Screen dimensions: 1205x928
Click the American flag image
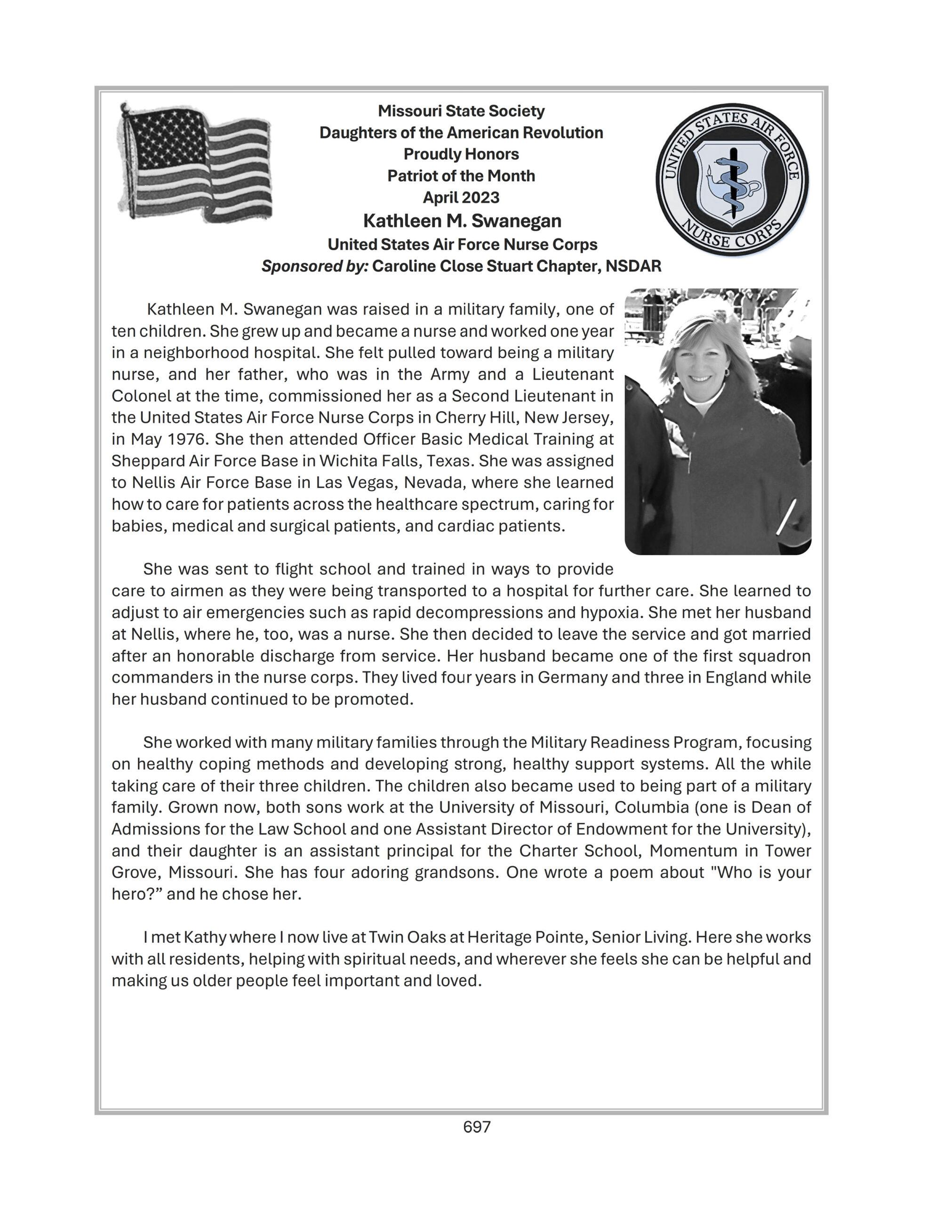195,163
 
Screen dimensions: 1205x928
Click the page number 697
477,1127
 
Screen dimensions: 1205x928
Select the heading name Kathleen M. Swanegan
462,221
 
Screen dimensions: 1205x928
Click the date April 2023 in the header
461,198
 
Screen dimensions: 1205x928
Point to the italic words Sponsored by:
314,266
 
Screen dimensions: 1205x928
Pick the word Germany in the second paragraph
572,677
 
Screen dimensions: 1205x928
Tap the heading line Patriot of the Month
461,176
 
